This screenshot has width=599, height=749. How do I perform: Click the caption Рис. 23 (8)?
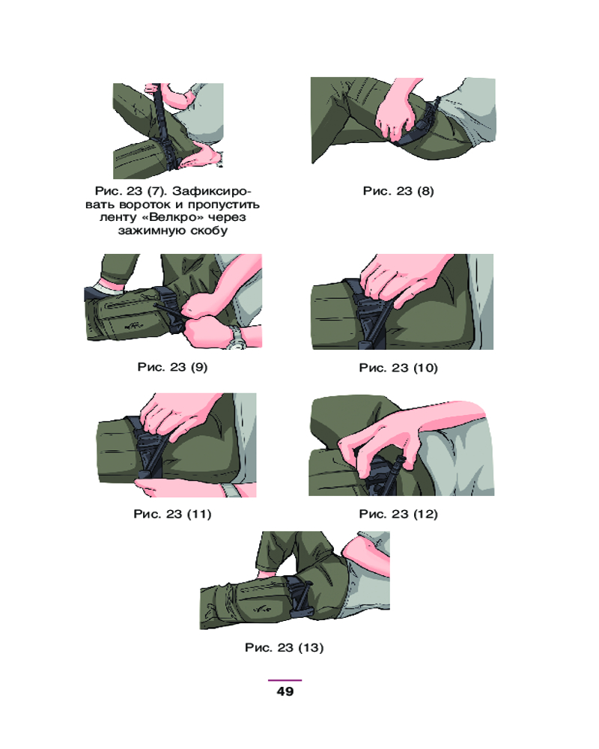pyautogui.click(x=398, y=191)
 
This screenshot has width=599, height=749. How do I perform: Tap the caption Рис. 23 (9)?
pyautogui.click(x=172, y=367)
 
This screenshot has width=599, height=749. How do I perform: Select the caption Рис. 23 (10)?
pyautogui.click(x=398, y=367)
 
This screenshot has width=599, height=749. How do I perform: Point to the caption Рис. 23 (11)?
pyautogui.click(x=172, y=514)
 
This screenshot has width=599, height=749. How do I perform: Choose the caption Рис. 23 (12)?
pyautogui.click(x=398, y=514)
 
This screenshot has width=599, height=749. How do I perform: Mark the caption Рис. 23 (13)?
pyautogui.click(x=285, y=648)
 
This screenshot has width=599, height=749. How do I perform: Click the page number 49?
pyautogui.click(x=285, y=691)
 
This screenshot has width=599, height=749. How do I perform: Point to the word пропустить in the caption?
pyautogui.click(x=224, y=205)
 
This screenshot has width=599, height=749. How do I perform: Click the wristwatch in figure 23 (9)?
pyautogui.click(x=236, y=337)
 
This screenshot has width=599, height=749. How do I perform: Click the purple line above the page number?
pyautogui.click(x=285, y=680)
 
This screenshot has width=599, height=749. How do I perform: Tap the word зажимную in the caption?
pyautogui.click(x=149, y=231)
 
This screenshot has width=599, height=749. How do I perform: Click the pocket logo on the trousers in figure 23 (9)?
pyautogui.click(x=134, y=327)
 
